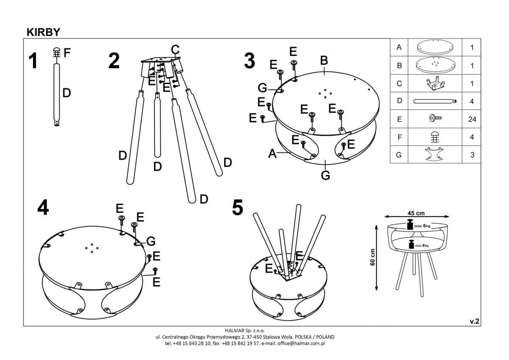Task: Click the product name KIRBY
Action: pyautogui.click(x=43, y=32)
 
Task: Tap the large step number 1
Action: pyautogui.click(x=33, y=61)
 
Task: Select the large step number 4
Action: pyautogui.click(x=43, y=208)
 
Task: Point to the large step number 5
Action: pyautogui.click(x=238, y=208)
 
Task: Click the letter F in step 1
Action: pyautogui.click(x=67, y=53)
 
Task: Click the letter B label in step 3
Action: pyautogui.click(x=324, y=61)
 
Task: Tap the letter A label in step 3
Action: pyautogui.click(x=273, y=154)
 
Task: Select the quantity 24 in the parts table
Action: pyautogui.click(x=472, y=119)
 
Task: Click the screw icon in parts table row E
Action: pyautogui.click(x=435, y=119)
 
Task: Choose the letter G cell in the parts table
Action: pyautogui.click(x=399, y=155)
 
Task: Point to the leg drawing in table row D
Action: pyautogui.click(x=435, y=101)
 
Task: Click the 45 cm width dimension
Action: pyautogui.click(x=416, y=213)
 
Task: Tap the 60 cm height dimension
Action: pyautogui.click(x=372, y=257)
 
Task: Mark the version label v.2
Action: pyautogui.click(x=474, y=321)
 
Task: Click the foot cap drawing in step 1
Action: pyautogui.click(x=56, y=53)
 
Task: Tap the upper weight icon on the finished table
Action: pyautogui.click(x=410, y=225)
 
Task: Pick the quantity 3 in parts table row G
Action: pyautogui.click(x=472, y=155)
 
